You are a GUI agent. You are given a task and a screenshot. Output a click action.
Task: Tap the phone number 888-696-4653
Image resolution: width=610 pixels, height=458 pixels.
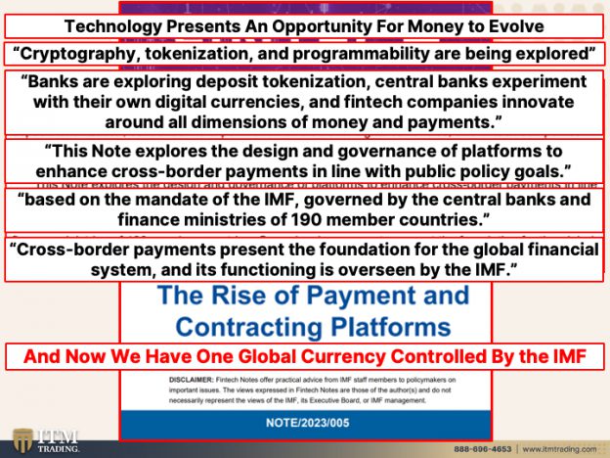(486, 448)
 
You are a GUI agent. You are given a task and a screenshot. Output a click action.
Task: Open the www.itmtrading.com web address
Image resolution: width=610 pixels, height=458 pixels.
(560, 448)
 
